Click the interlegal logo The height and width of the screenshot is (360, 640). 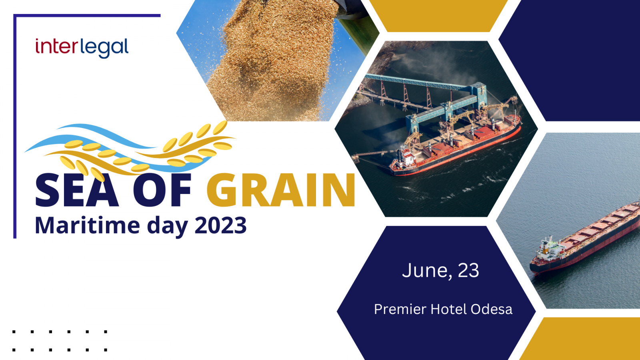pyautogui.click(x=82, y=48)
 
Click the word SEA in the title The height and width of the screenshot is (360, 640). pyautogui.click(x=76, y=190)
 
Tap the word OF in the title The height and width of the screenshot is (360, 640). pyautogui.click(x=162, y=190)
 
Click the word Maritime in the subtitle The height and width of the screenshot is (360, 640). pyautogui.click(x=88, y=226)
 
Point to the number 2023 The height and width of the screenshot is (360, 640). pyautogui.click(x=220, y=226)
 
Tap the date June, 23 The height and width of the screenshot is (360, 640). pyautogui.click(x=440, y=270)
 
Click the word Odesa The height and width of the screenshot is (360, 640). pyautogui.click(x=492, y=309)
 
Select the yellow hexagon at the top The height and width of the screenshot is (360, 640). pyautogui.click(x=438, y=16)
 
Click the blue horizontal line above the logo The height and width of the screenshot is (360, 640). pyautogui.click(x=87, y=16)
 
